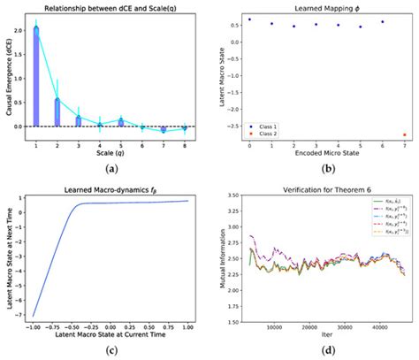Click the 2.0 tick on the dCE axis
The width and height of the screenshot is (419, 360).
pyautogui.click(x=18, y=29)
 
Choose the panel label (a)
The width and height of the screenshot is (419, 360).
pyautogui.click(x=109, y=167)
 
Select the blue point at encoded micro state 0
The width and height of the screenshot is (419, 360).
pyautogui.click(x=249, y=19)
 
